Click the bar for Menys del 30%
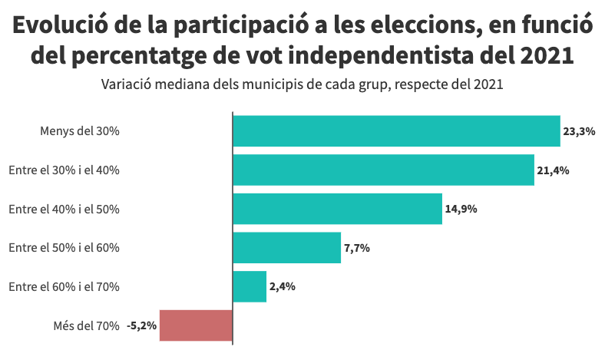point(396,131)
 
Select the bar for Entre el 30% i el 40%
point(383,170)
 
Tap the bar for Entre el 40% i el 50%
point(337,209)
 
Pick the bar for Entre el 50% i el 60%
point(286,248)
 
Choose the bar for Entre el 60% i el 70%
point(250,286)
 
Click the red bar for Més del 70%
point(196,325)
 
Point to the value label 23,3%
point(580,131)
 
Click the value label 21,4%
point(553,170)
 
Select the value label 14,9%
point(461,209)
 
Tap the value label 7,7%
point(357,248)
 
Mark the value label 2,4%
point(283,286)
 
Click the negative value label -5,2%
point(141,325)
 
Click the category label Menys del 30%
point(79,131)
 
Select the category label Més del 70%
point(86,325)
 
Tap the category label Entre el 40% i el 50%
point(64,209)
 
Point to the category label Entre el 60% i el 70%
point(64,286)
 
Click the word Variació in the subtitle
point(125,84)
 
